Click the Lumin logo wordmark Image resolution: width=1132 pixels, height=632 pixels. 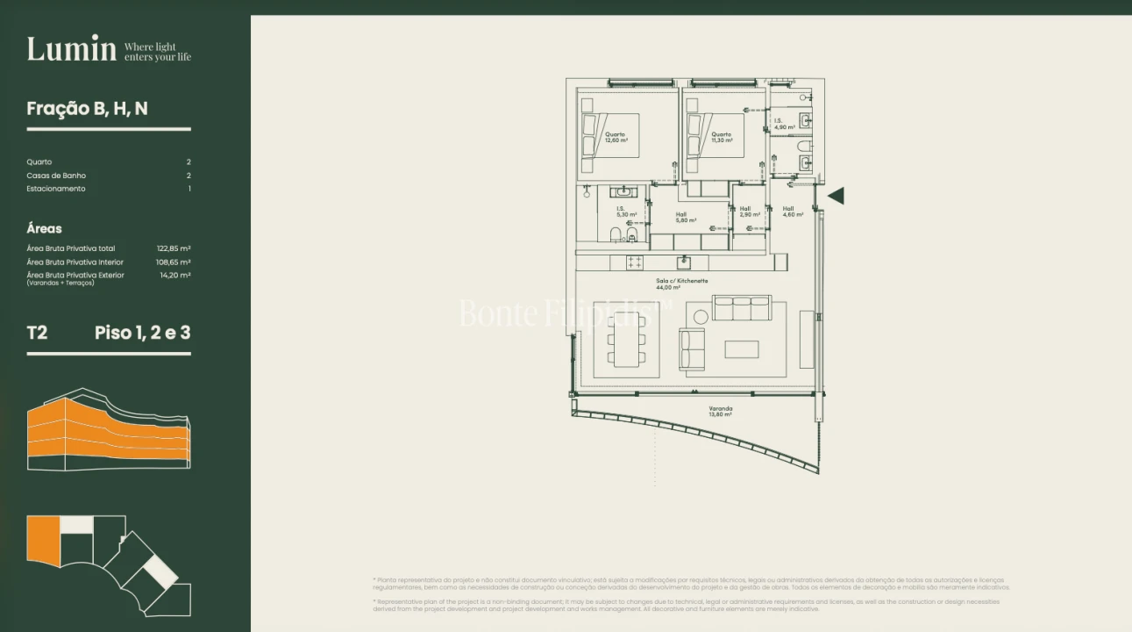pos(71,49)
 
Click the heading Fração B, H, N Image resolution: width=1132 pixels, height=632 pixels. pos(87,109)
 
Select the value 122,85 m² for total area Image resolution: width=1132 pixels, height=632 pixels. pos(174,248)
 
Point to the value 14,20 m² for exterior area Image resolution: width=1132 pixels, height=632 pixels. pos(175,275)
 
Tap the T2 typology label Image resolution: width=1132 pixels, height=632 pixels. pos(38,333)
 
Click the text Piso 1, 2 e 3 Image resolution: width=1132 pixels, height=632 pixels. pos(142,333)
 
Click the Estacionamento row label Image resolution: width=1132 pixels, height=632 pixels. pos(56,189)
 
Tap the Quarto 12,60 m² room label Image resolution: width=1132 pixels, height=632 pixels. pos(616,137)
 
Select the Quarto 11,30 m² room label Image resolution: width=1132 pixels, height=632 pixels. pos(722,137)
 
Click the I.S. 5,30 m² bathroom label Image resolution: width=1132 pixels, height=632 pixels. pos(626,212)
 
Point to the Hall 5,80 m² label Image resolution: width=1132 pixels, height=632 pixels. pos(686,218)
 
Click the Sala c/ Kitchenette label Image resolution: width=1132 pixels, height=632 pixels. pos(681,284)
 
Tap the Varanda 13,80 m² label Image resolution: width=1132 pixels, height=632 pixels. pos(720,411)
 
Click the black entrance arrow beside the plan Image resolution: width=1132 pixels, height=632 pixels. pos(836,196)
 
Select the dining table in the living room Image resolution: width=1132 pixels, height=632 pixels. pos(626,341)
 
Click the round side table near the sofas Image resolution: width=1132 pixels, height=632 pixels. pos(701,317)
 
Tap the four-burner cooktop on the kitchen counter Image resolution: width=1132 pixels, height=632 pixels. pos(633,262)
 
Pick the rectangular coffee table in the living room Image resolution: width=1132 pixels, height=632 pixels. pos(742,349)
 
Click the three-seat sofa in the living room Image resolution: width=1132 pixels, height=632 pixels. pos(742,308)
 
